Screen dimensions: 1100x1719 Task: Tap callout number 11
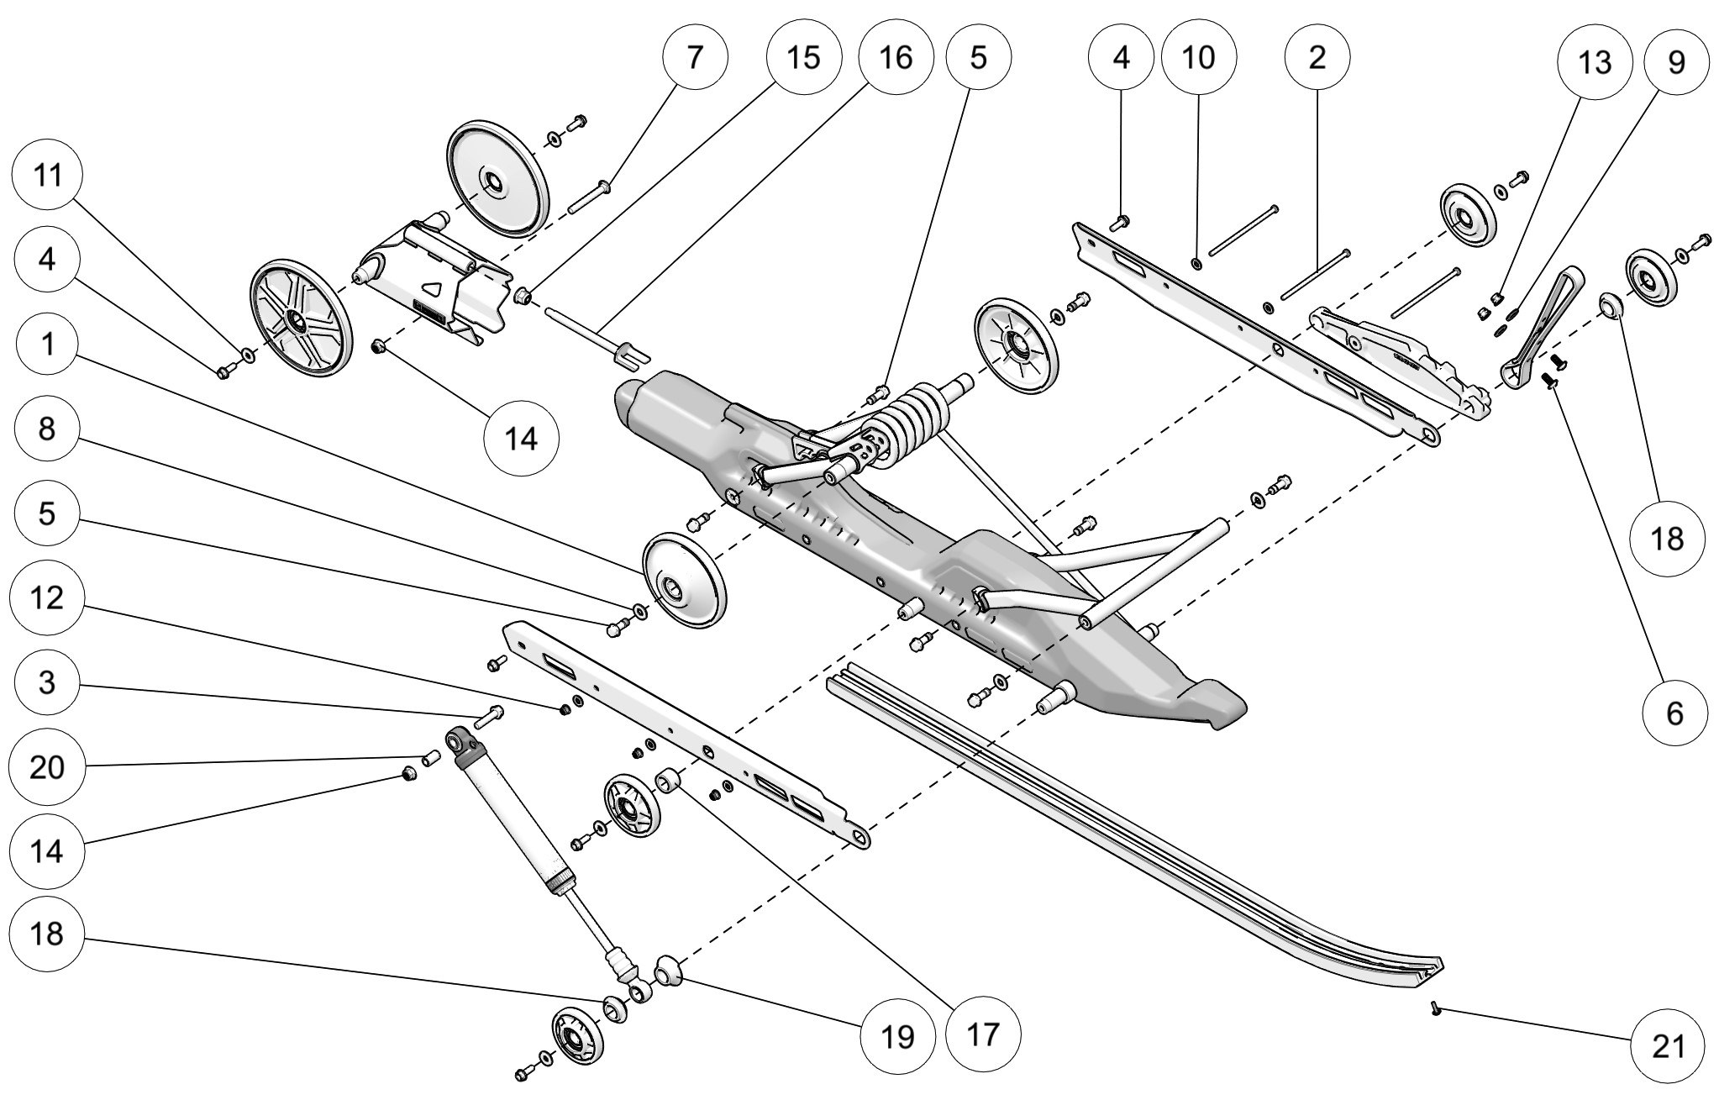coord(48,176)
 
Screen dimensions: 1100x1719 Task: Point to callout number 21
coord(1668,1047)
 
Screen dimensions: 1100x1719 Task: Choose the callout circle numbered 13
coord(1595,63)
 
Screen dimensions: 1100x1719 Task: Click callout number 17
coord(983,1034)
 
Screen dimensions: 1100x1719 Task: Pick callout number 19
coord(898,1036)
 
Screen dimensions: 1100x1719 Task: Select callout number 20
coord(47,766)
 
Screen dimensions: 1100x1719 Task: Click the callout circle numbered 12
coord(47,598)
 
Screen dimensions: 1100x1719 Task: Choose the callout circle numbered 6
coord(1674,713)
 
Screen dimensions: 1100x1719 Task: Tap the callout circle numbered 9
coord(1675,63)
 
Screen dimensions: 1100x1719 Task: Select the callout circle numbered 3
coord(47,682)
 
